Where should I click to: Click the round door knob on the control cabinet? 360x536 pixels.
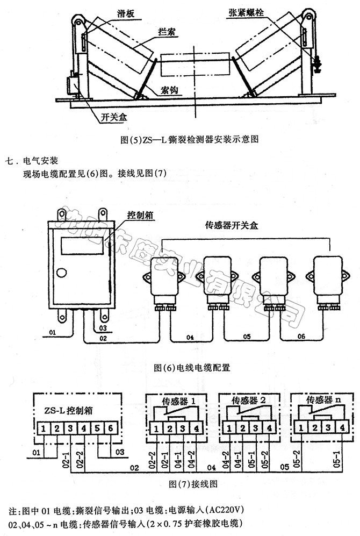pos(62,273)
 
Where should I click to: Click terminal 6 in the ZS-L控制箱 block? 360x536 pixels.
pos(110,428)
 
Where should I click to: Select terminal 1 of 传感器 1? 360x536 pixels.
pos(155,428)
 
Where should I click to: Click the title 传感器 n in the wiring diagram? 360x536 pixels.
pos(322,401)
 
